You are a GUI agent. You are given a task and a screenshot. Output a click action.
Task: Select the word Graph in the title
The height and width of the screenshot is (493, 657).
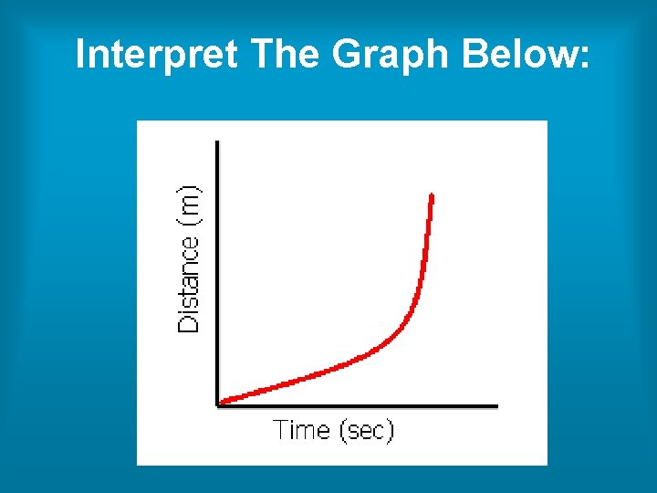click(x=392, y=57)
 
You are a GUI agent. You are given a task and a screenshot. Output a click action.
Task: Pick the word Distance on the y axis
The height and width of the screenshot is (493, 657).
click(x=189, y=285)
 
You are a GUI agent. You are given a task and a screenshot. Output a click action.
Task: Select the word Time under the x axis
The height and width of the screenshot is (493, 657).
click(x=302, y=430)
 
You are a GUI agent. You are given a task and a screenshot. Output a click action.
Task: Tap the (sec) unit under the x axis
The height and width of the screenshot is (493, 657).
click(x=366, y=431)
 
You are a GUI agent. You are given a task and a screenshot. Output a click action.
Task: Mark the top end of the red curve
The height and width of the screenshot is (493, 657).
click(x=431, y=196)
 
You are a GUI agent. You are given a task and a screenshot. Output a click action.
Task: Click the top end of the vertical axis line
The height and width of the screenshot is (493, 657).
click(x=216, y=142)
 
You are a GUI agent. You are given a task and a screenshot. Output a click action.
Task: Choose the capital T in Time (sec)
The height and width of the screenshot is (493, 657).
click(x=281, y=430)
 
